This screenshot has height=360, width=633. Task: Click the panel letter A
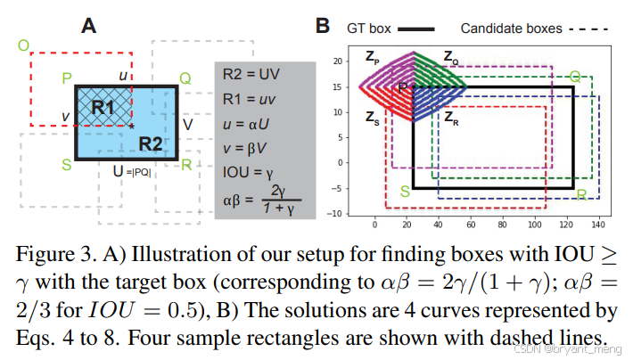[x=88, y=25]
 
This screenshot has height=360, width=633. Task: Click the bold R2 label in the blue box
[x=151, y=144]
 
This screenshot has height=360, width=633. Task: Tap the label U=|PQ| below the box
[x=131, y=173]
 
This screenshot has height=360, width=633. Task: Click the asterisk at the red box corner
[x=132, y=127]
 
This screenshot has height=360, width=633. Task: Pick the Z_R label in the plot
[x=452, y=116]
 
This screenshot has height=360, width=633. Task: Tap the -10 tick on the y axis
[x=334, y=214]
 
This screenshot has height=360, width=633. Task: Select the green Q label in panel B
[x=575, y=76]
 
